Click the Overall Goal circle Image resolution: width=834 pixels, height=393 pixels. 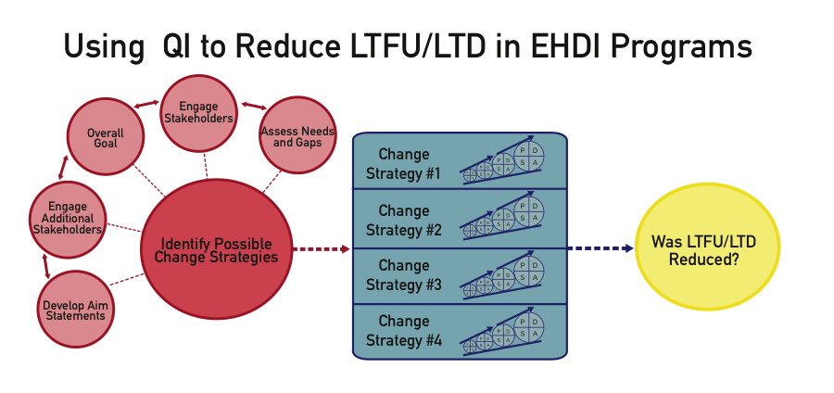click(105, 139)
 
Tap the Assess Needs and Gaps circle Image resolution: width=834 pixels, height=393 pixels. click(297, 136)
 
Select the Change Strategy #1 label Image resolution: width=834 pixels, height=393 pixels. click(403, 164)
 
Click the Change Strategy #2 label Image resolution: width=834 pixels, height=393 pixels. click(403, 221)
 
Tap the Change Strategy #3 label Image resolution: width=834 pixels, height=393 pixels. click(403, 275)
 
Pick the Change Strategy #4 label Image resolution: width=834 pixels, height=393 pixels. click(403, 331)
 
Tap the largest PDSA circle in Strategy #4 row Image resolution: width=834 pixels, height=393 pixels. click(528, 324)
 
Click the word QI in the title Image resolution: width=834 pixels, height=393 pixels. click(177, 46)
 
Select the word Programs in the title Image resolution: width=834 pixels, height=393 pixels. click(681, 46)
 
